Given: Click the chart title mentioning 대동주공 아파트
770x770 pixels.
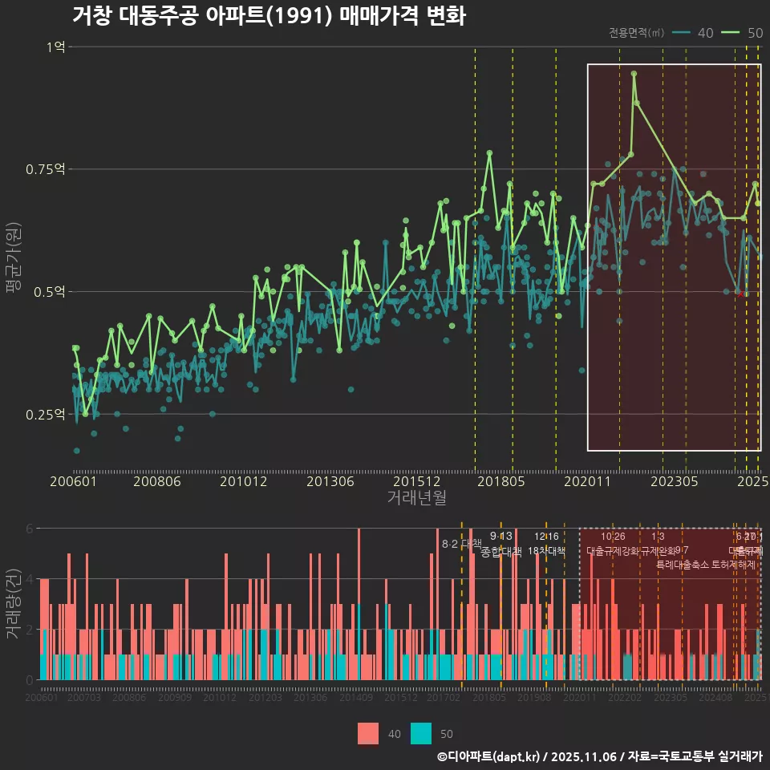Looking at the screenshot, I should pos(268,16).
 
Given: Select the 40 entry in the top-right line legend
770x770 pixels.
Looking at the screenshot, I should pos(705,33).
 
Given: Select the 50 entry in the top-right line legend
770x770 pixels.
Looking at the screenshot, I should pos(754,33).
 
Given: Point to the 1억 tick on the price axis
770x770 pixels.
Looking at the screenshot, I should pos(56,47).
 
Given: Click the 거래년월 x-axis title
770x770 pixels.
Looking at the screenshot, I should pos(416,497).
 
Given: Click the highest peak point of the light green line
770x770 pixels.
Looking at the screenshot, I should pos(634,74).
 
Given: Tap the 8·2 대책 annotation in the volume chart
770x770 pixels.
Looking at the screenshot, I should pos(461,543).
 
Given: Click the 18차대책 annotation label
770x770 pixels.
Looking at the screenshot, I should pos(547,551).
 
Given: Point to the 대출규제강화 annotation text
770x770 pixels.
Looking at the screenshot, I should pos(613,551).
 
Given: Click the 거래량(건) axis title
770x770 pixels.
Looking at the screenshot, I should pos(14,604).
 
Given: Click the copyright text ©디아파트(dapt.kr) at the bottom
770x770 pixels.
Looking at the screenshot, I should pos(489,756).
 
